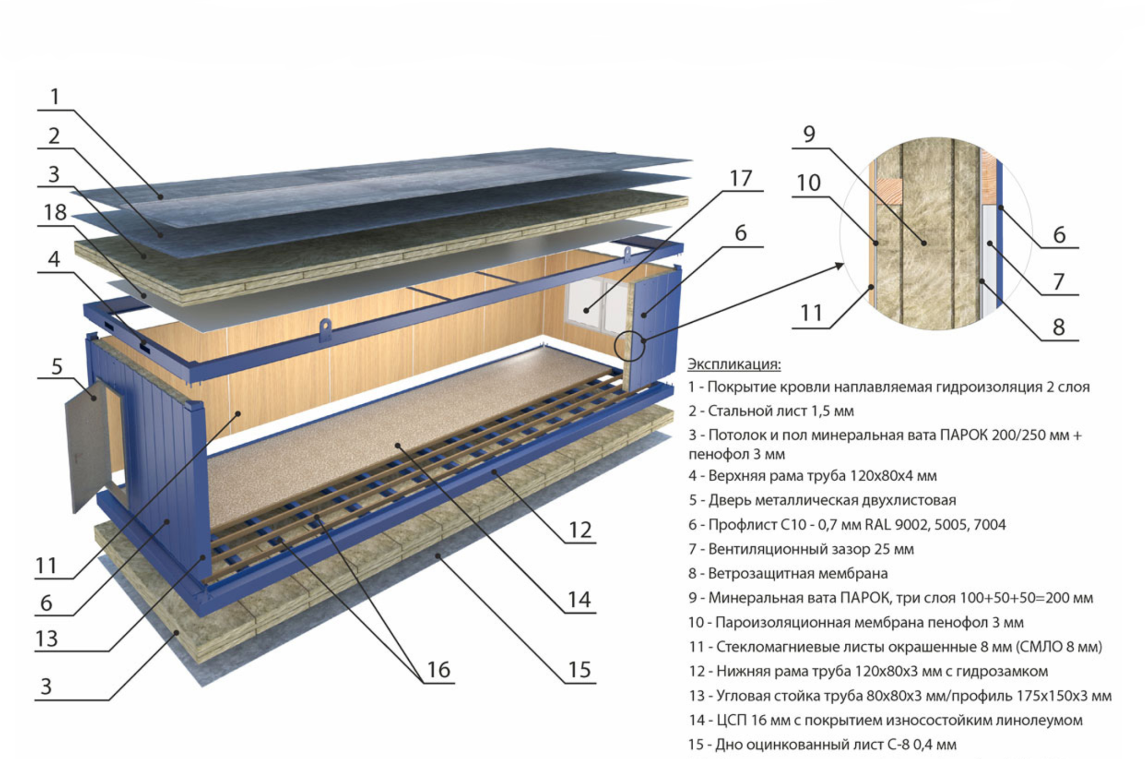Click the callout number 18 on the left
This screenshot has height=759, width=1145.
coord(55,213)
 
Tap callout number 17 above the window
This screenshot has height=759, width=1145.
coord(740,178)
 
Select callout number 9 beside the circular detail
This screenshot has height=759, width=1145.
coord(809,134)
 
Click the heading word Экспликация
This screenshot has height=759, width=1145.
coord(734,364)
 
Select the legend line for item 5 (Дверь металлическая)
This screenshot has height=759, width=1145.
coord(822,500)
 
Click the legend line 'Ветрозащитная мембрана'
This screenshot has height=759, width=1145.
coord(788,573)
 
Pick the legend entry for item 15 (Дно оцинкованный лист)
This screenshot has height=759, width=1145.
coord(822,744)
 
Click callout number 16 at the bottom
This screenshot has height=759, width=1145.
coord(438,670)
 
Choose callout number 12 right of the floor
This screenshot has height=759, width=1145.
coord(580,530)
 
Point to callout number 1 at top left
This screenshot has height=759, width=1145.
coord(54,97)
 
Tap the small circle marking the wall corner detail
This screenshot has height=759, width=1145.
coord(630,346)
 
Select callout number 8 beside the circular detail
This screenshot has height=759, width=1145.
coord(1058,327)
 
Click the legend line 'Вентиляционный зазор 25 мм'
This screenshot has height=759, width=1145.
coord(801,549)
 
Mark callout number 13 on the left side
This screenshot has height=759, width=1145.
coord(46,639)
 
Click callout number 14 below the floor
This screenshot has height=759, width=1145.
coord(579,600)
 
